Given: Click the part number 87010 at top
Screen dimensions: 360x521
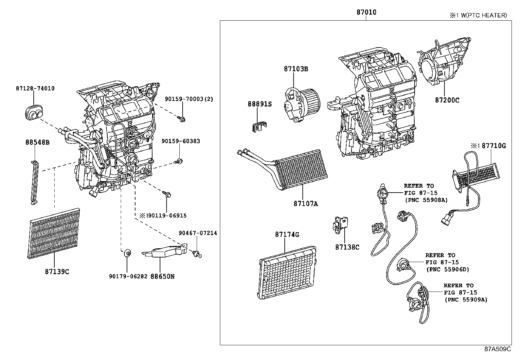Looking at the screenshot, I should (x=366, y=12).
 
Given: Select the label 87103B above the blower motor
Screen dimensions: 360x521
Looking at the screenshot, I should (x=296, y=69).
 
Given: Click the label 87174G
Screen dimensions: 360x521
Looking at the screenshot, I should (x=287, y=235).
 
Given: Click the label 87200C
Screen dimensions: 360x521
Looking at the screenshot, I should (x=447, y=100).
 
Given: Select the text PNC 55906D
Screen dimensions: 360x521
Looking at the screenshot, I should (x=447, y=269).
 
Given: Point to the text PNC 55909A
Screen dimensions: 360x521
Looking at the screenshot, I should (x=466, y=299).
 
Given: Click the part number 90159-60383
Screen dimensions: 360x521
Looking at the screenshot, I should (x=180, y=141).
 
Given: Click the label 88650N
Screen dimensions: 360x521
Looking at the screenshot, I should (x=162, y=276).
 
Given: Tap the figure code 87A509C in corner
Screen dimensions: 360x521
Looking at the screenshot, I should (x=497, y=349).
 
